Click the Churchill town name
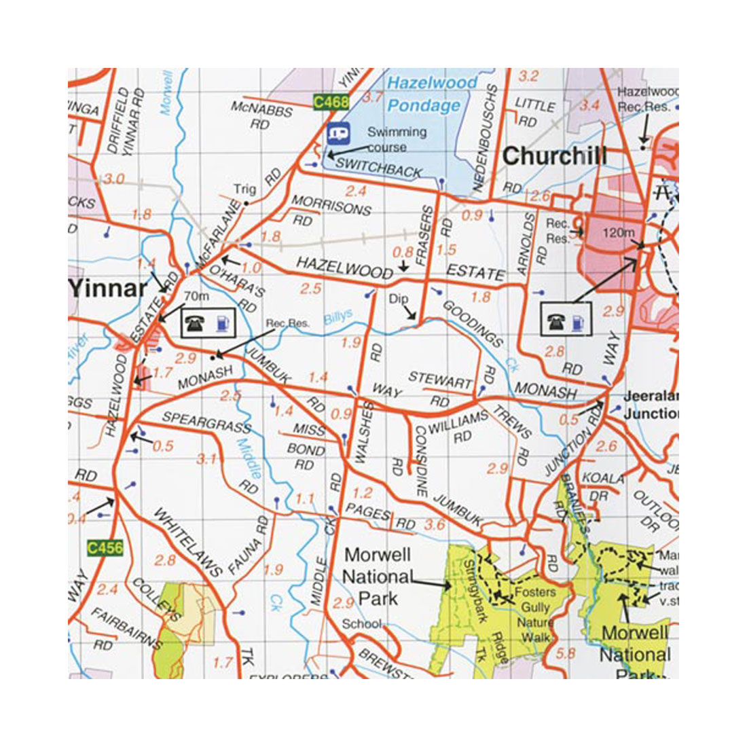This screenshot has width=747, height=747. (554, 156)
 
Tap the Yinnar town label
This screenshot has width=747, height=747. (107, 289)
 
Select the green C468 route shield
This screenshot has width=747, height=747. (331, 103)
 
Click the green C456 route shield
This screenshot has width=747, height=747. (105, 547)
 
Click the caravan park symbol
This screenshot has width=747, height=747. (338, 132)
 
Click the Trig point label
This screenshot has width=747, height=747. (244, 189)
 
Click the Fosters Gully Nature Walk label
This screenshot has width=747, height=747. (535, 615)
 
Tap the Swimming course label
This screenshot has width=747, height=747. (397, 139)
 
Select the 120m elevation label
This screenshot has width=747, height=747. (618, 233)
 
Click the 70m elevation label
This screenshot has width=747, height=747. (196, 296)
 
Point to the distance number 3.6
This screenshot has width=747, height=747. (434, 524)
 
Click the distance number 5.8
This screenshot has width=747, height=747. (565, 653)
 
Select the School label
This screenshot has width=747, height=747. (361, 624)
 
